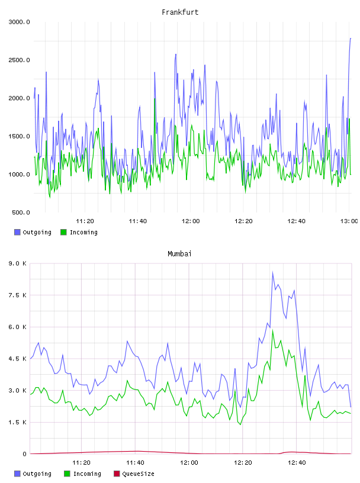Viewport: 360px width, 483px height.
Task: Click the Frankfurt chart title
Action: pyautogui.click(x=180, y=12)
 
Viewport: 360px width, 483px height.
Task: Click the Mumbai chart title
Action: pyautogui.click(x=179, y=254)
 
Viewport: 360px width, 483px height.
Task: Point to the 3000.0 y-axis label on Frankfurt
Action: pyautogui.click(x=19, y=22)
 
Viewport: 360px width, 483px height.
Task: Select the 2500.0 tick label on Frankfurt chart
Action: pyautogui.click(x=19, y=60)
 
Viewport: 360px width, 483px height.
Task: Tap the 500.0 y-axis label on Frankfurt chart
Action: pyautogui.click(x=21, y=212)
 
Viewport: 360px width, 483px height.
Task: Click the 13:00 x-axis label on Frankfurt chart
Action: pyautogui.click(x=349, y=221)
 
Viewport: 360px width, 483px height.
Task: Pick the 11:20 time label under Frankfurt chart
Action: pyautogui.click(x=85, y=221)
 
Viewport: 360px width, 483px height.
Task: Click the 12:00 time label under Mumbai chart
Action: pyautogui.click(x=189, y=463)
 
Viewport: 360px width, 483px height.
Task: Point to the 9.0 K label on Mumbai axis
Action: pyautogui.click(x=18, y=263)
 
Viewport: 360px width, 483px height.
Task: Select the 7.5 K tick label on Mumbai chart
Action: pyautogui.click(x=18, y=295)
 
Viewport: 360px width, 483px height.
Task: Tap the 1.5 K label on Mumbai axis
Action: pyautogui.click(x=18, y=422)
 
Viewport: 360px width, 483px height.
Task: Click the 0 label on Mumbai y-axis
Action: pyautogui.click(x=25, y=454)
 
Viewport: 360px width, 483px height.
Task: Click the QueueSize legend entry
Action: pyautogui.click(x=138, y=474)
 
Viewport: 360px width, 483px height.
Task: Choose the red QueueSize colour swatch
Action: pyautogui.click(x=117, y=474)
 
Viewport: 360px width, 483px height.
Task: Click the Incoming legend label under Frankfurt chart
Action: pyautogui.click(x=83, y=232)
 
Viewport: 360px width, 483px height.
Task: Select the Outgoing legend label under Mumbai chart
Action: pyautogui.click(x=37, y=474)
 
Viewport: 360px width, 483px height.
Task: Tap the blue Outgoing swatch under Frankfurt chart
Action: pyautogui.click(x=17, y=232)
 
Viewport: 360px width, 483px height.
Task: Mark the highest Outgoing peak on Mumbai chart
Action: pyautogui.click(x=272, y=272)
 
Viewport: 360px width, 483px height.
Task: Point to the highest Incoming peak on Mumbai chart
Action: pyautogui.click(x=272, y=330)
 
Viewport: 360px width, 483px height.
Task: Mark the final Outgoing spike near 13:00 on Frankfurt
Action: pyautogui.click(x=351, y=39)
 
